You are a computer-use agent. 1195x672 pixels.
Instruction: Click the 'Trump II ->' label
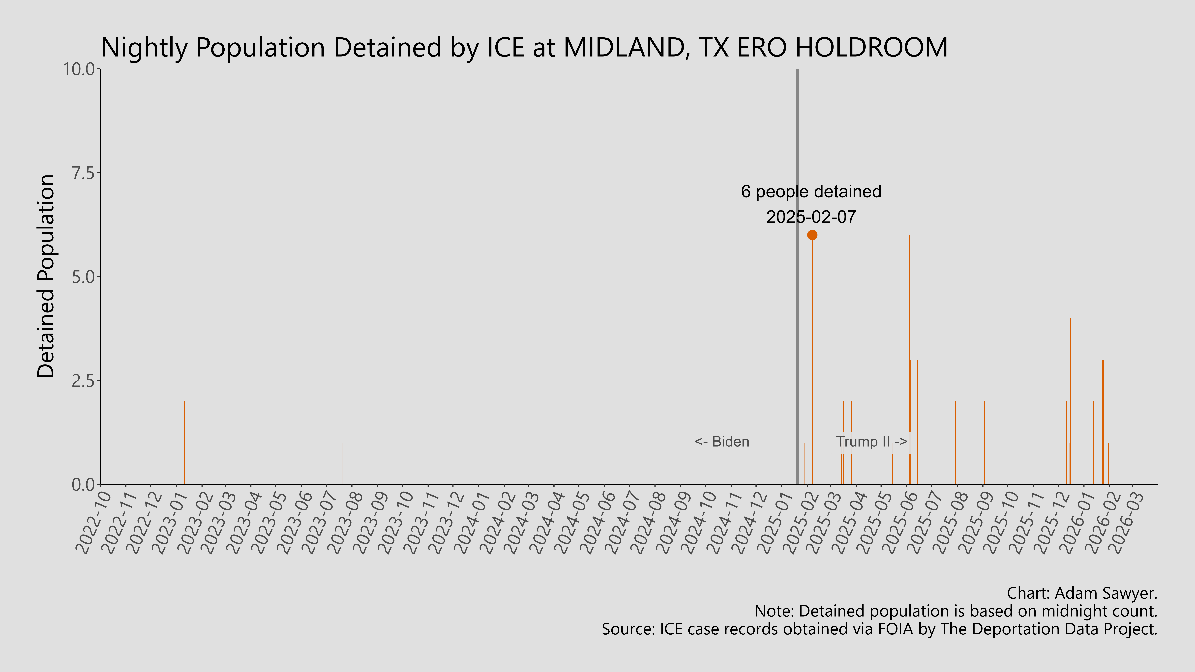[x=871, y=442]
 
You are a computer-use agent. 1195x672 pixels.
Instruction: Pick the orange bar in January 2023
[x=185, y=443]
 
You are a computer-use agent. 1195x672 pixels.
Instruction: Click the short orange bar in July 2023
[x=342, y=464]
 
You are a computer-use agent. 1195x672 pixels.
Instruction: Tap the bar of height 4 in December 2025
[x=1070, y=371]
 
